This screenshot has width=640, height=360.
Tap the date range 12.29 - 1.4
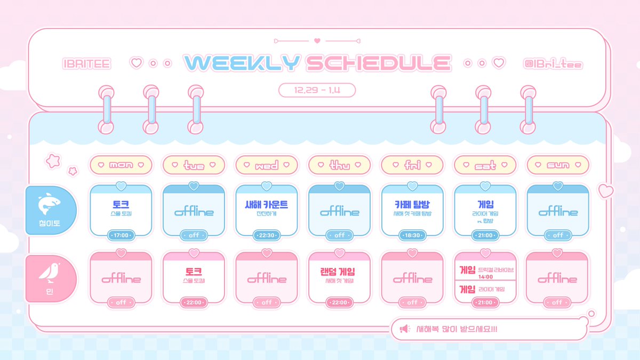(x=317, y=91)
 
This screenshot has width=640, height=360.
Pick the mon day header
(x=121, y=165)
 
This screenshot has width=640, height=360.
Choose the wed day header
(x=267, y=165)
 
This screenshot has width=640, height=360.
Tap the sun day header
(x=558, y=165)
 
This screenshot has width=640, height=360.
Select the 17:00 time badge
(x=121, y=235)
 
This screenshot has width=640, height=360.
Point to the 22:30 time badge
(x=267, y=235)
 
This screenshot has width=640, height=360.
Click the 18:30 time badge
(x=412, y=235)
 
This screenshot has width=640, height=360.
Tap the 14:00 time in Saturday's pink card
(x=485, y=277)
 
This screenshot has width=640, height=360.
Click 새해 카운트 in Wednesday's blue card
(x=267, y=204)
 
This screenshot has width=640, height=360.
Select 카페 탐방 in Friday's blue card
(x=412, y=204)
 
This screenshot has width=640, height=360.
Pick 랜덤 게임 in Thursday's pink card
(x=340, y=271)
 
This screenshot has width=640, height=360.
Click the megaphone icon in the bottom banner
(x=404, y=329)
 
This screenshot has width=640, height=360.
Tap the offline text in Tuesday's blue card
(x=194, y=212)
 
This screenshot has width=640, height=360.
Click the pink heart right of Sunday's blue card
(x=605, y=190)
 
